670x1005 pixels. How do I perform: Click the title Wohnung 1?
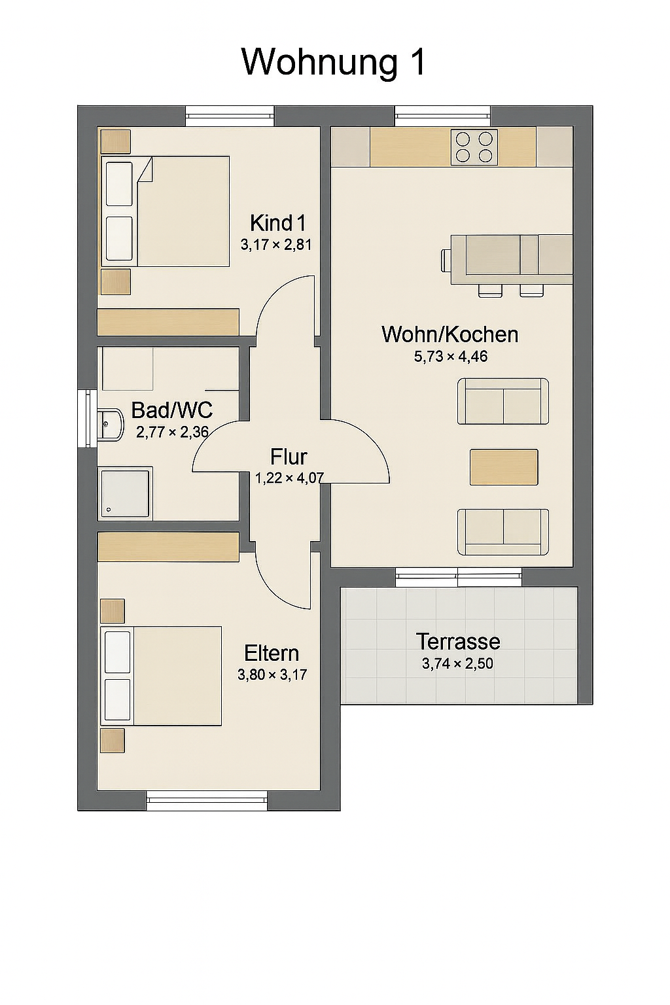(334, 62)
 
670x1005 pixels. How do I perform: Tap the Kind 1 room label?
(278, 222)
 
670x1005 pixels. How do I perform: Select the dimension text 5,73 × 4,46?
(451, 356)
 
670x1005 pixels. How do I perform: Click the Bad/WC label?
(172, 410)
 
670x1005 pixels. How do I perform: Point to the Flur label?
(289, 457)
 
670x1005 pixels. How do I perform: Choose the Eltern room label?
(272, 653)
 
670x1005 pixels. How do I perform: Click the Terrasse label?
(458, 642)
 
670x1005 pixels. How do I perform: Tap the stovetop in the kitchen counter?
(474, 147)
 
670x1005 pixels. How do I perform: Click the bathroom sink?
(110, 425)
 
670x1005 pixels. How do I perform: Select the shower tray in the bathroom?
(125, 493)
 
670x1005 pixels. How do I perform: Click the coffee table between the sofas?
(504, 467)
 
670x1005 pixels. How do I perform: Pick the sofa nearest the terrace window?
(503, 532)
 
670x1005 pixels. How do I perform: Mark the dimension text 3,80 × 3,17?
(272, 675)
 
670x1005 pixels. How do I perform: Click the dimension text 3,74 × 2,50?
(457, 663)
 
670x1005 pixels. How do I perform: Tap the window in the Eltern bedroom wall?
(207, 801)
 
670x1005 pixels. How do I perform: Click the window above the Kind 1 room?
(229, 116)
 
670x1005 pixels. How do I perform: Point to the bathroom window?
(88, 419)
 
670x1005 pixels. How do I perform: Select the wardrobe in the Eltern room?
(168, 547)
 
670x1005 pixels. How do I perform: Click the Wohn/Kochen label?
(450, 335)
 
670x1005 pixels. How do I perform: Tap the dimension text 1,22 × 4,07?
(289, 478)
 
